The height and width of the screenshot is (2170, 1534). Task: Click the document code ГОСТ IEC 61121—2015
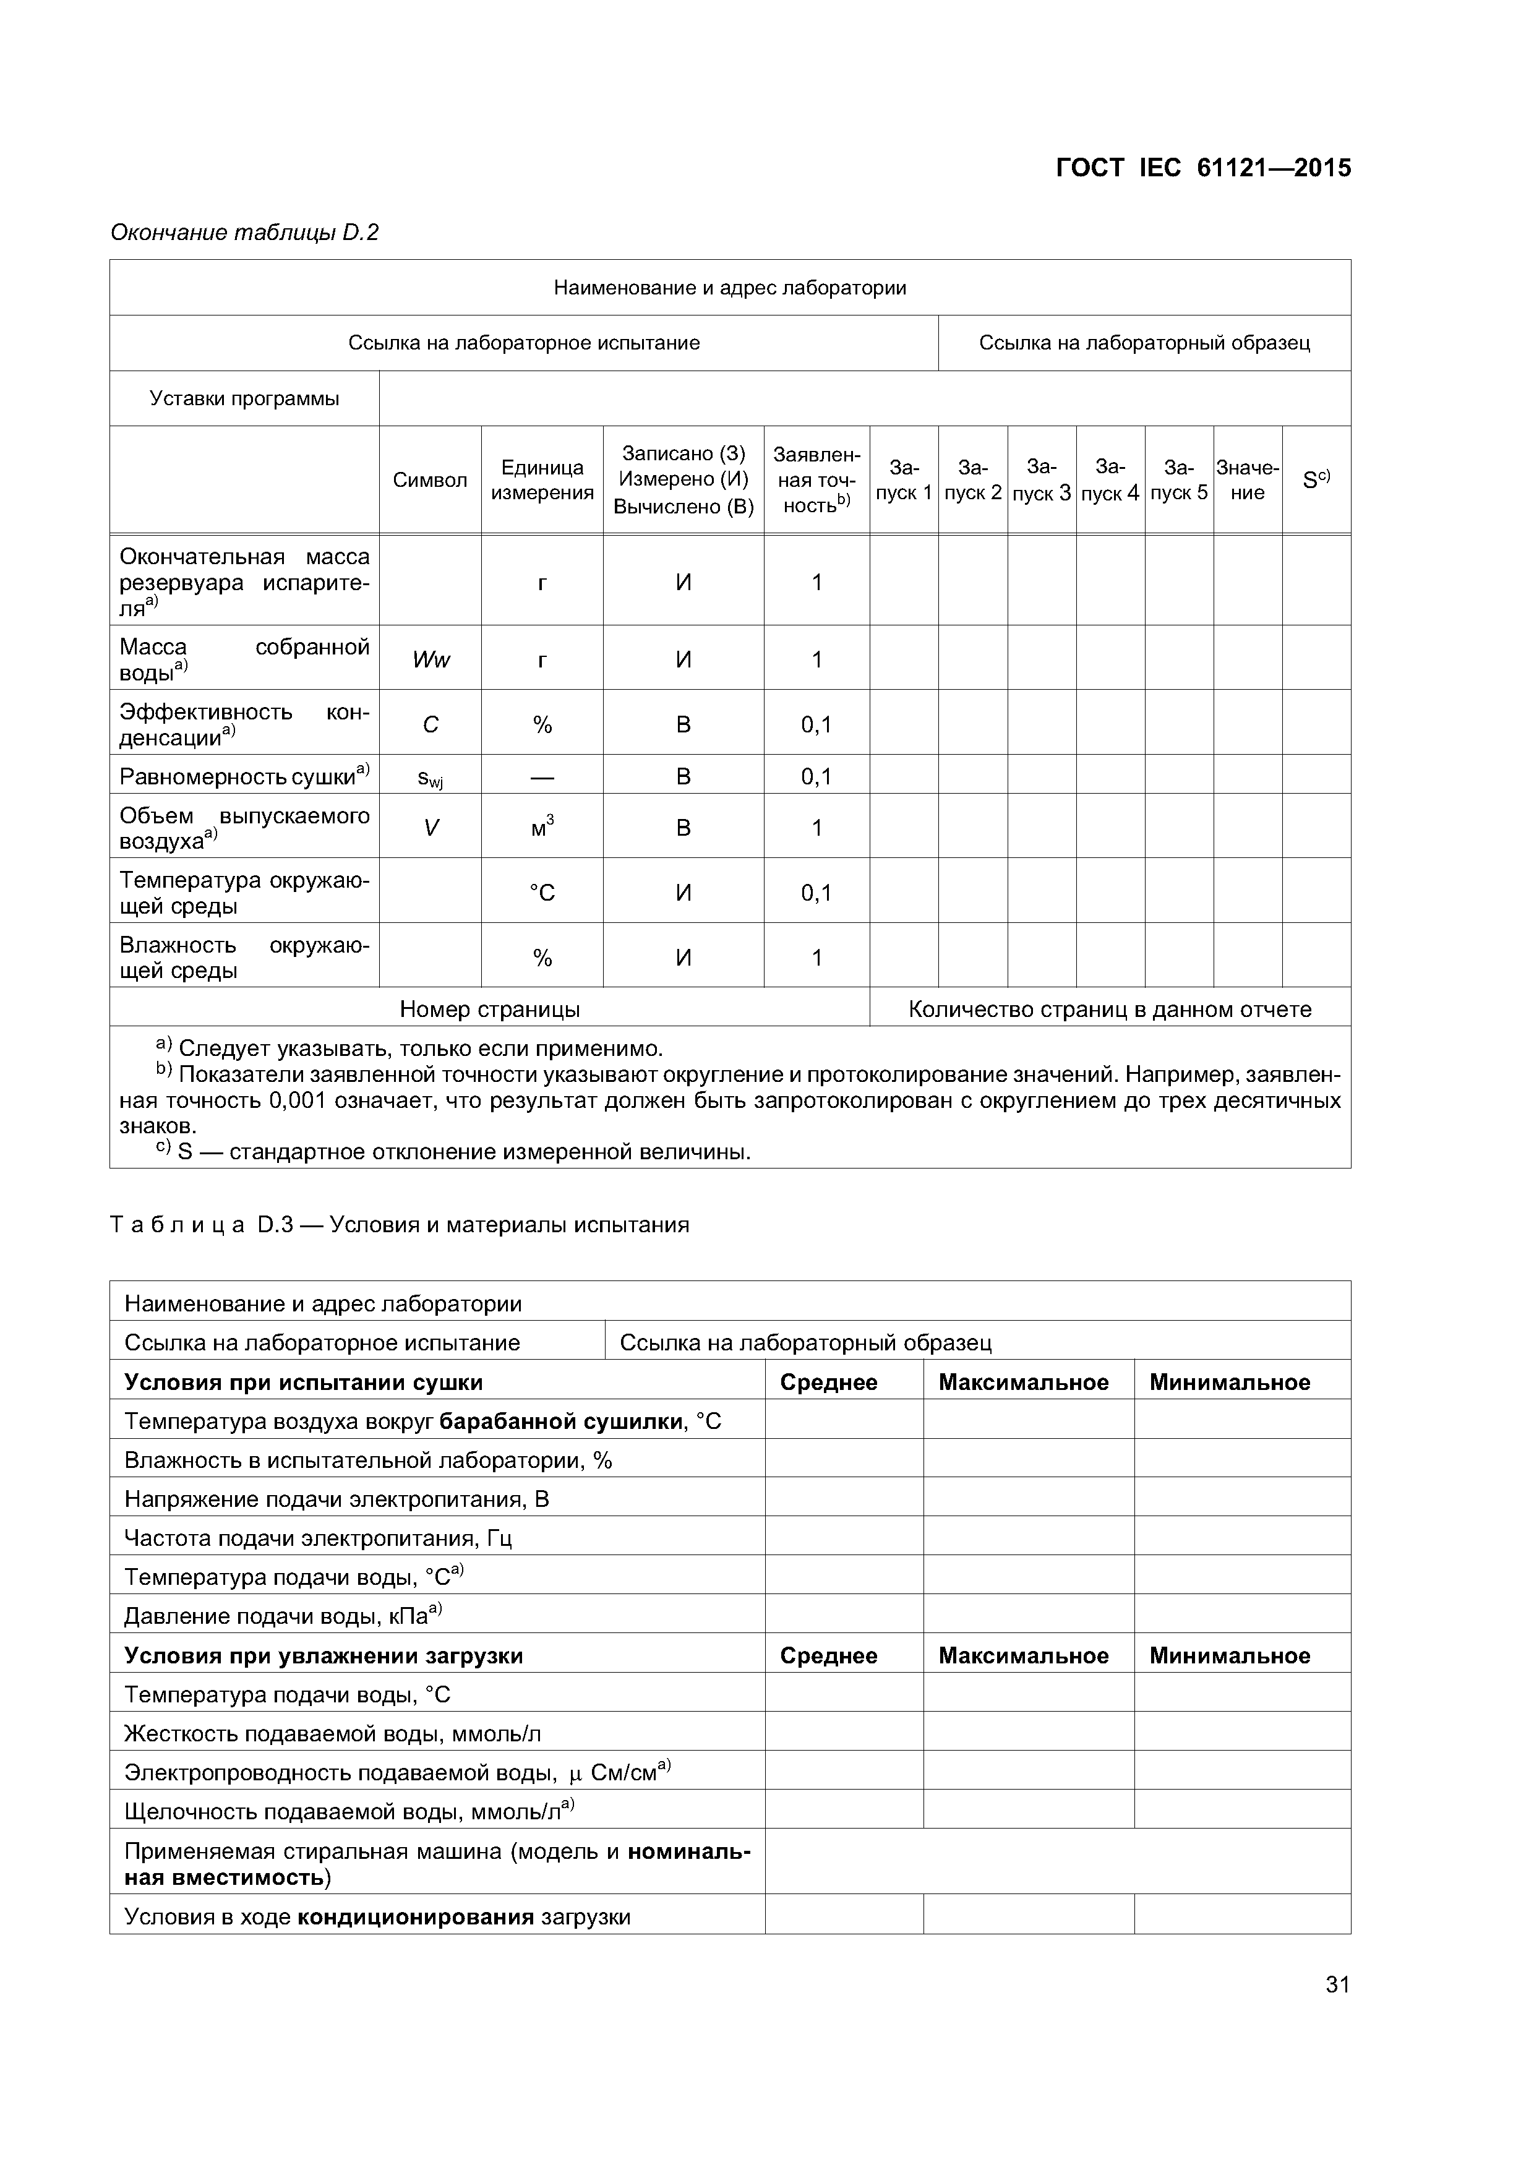click(1202, 168)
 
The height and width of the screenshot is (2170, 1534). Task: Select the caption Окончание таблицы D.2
click(244, 233)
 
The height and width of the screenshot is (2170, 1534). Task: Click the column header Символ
click(429, 480)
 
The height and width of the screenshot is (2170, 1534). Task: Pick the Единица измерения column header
click(542, 480)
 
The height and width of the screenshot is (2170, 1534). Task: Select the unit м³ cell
click(542, 827)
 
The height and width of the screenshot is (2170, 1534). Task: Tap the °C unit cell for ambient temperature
click(542, 892)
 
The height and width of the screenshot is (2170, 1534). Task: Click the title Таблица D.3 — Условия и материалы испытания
click(400, 1225)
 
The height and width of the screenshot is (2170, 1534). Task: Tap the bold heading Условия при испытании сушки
click(303, 1382)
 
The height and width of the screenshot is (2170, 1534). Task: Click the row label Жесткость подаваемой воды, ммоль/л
click(333, 1733)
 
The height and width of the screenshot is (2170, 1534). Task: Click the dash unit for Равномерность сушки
click(542, 776)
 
